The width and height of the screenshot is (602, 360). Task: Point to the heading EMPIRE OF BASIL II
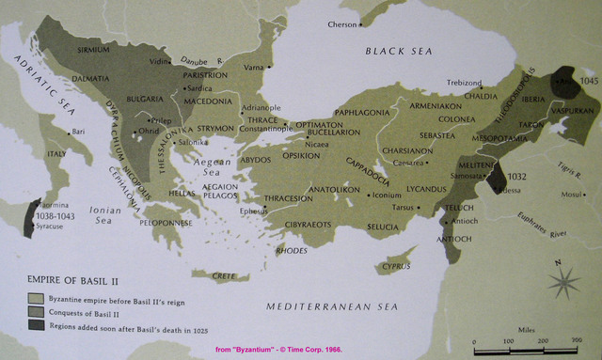pyautogui.click(x=68, y=279)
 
